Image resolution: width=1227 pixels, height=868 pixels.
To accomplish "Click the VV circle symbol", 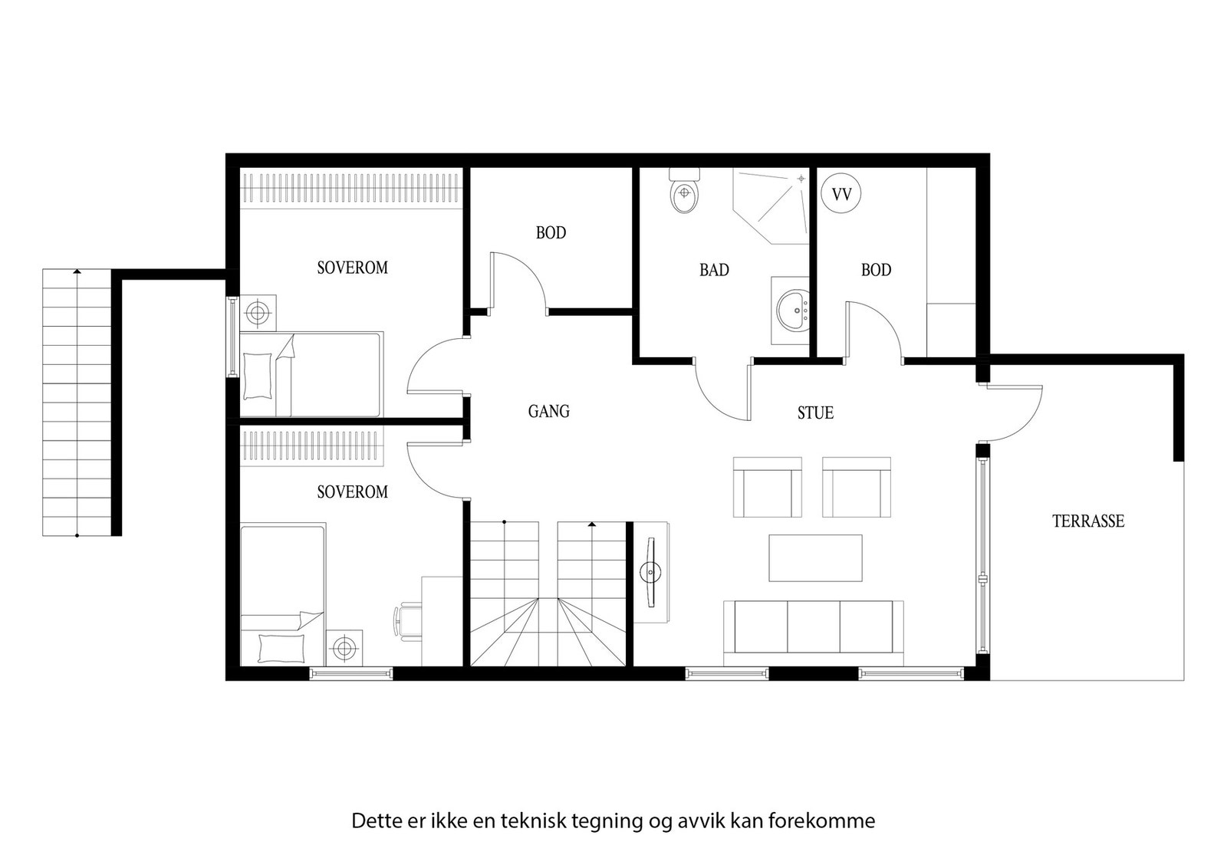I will point(841,195).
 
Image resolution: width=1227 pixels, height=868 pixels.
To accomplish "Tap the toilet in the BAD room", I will point(684,193).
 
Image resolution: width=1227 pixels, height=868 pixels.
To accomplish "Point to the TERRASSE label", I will point(1087,521).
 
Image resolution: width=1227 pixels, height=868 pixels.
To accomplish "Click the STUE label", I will point(814,413).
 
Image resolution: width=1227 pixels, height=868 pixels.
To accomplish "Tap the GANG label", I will point(548,412).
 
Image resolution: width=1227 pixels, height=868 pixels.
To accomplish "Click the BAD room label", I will point(713,270).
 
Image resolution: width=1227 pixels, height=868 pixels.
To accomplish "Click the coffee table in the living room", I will point(815,557).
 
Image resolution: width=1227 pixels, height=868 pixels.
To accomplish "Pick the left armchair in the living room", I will point(768,488).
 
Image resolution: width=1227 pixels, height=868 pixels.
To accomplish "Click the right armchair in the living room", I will point(856,488).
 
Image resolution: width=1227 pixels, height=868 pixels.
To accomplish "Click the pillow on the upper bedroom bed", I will point(258,375).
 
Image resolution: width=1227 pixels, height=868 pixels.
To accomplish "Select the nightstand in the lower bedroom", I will point(344,649).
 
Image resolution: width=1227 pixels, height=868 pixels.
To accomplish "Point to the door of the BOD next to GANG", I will point(519,281).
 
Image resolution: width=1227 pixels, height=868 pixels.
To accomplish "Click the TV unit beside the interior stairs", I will point(652,571).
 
